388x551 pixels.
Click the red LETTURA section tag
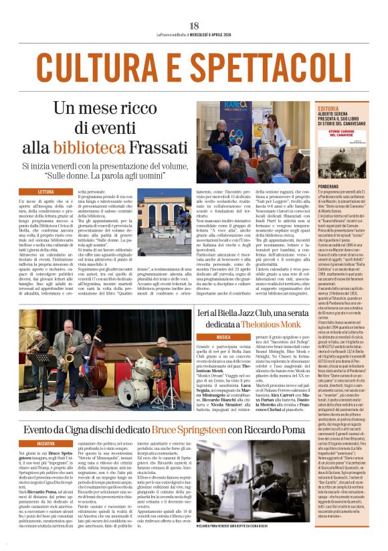(46, 191)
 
